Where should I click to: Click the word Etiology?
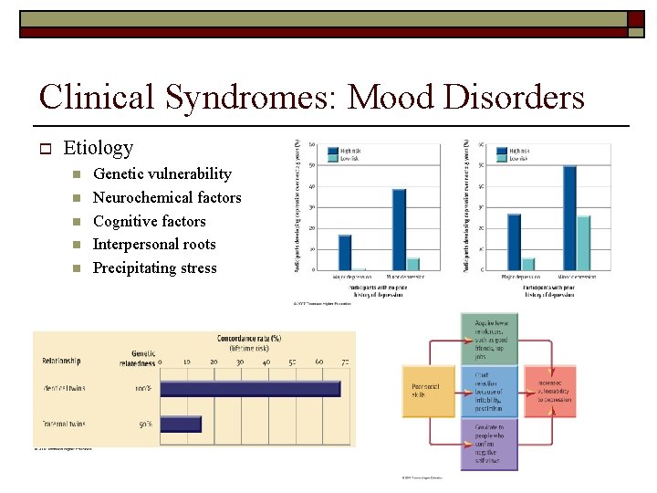pyautogui.click(x=99, y=148)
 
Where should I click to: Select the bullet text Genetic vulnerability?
pyautogui.click(x=162, y=173)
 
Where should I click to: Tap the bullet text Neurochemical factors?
pyautogui.click(x=167, y=197)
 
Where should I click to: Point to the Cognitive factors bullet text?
pyautogui.click(x=150, y=221)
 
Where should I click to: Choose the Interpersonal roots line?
pyautogui.click(x=154, y=245)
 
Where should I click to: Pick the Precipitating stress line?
pyautogui.click(x=155, y=268)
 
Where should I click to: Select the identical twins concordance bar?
pyautogui.click(x=249, y=388)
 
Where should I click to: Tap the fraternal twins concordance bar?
pyautogui.click(x=180, y=424)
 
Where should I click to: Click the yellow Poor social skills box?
pyautogui.click(x=428, y=391)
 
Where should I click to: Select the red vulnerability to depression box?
pyautogui.click(x=549, y=391)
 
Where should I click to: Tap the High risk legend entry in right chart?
pyautogui.click(x=518, y=150)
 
